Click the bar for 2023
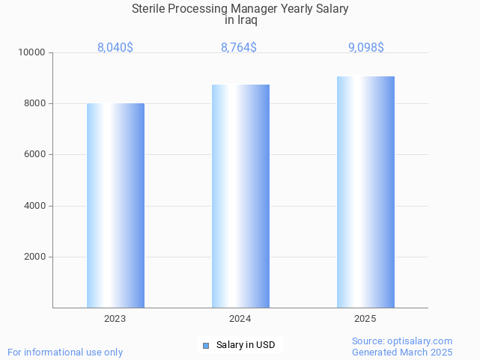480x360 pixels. [x=115, y=205]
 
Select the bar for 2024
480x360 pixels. [x=240, y=196]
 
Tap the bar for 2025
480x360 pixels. [x=365, y=192]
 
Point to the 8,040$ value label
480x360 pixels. [x=115, y=48]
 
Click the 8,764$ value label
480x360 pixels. [x=239, y=48]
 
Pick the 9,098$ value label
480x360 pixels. [x=366, y=48]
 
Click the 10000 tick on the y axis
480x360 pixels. [x=33, y=53]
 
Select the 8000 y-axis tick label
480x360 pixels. [x=35, y=104]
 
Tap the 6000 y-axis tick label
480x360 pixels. [x=35, y=155]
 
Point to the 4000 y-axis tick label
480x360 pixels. [x=35, y=206]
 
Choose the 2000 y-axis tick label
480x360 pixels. [x=35, y=257]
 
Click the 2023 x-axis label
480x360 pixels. [x=115, y=319]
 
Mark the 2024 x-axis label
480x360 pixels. [x=240, y=319]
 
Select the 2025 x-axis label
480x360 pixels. [x=365, y=319]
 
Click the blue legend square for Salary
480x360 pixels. [x=207, y=345]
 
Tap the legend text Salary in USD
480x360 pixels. [x=246, y=345]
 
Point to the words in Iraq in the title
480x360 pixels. [x=240, y=20]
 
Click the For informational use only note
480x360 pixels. [x=65, y=352]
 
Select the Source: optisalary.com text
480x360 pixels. [x=402, y=341]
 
